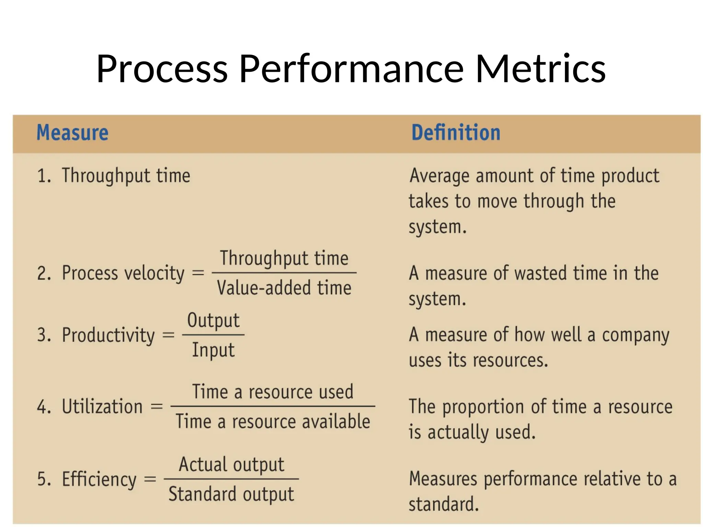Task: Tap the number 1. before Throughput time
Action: pyautogui.click(x=44, y=176)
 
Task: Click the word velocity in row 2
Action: pyautogui.click(x=154, y=273)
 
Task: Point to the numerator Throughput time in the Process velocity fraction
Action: pyautogui.click(x=284, y=258)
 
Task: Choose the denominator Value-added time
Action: pyautogui.click(x=284, y=288)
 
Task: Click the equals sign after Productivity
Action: pyautogui.click(x=168, y=335)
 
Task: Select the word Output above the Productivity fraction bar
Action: pyautogui.click(x=213, y=320)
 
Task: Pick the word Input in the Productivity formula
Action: pyautogui.click(x=213, y=350)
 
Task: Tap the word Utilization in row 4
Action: pyautogui.click(x=102, y=407)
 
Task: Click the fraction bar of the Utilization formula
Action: pyautogui.click(x=273, y=407)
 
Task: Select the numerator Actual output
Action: pyautogui.click(x=232, y=465)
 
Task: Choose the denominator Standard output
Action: pyautogui.click(x=231, y=494)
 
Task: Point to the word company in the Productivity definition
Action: pyautogui.click(x=635, y=335)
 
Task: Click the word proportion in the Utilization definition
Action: pyautogui.click(x=483, y=407)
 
